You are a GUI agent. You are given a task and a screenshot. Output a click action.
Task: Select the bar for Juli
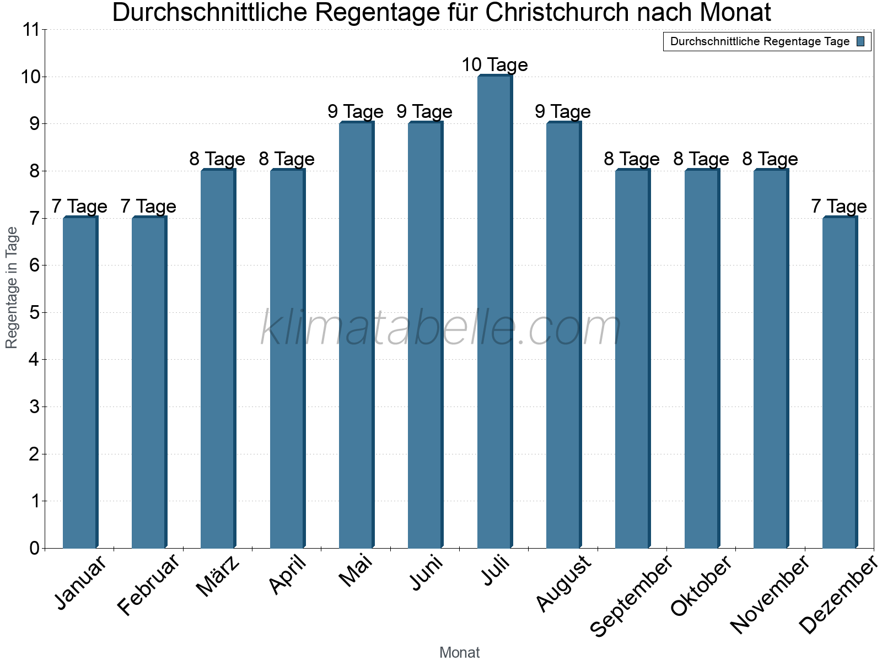coord(494,311)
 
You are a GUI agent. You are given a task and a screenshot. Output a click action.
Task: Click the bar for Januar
coord(80,382)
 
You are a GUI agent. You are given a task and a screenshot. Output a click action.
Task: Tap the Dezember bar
coord(840,382)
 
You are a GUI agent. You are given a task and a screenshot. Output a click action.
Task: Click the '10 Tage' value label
coord(494,65)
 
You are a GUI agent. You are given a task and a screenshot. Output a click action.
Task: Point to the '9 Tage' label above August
coord(563,112)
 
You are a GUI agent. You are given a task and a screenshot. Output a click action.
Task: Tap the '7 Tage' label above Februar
coord(148,207)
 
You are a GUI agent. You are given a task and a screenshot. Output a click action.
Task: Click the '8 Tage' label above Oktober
coord(701,159)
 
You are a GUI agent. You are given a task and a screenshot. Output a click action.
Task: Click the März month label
coord(218,576)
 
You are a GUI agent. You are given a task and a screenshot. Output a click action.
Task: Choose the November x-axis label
coord(770,594)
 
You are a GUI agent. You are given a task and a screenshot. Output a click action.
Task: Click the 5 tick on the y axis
coord(34,313)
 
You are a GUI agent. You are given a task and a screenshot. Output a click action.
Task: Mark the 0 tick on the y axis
coord(34,549)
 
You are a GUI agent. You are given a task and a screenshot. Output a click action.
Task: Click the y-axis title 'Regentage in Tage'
coord(12,288)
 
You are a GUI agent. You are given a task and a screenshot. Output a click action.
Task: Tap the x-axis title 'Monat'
coord(459,653)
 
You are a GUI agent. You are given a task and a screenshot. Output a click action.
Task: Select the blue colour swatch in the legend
coord(861,41)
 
